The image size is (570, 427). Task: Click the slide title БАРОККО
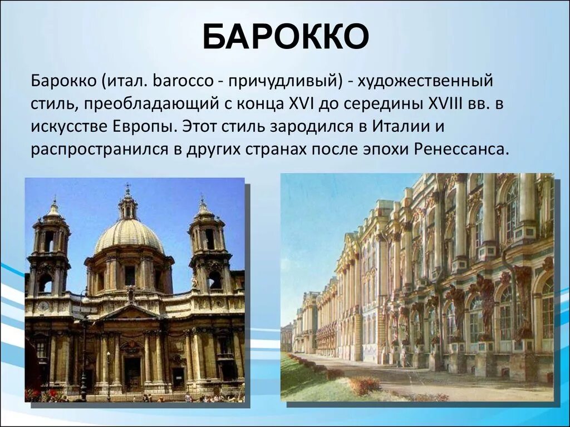[285, 37]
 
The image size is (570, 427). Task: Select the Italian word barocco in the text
[181, 82]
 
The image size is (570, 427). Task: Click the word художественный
[425, 82]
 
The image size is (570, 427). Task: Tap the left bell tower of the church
[51, 245]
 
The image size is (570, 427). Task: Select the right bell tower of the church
[210, 245]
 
